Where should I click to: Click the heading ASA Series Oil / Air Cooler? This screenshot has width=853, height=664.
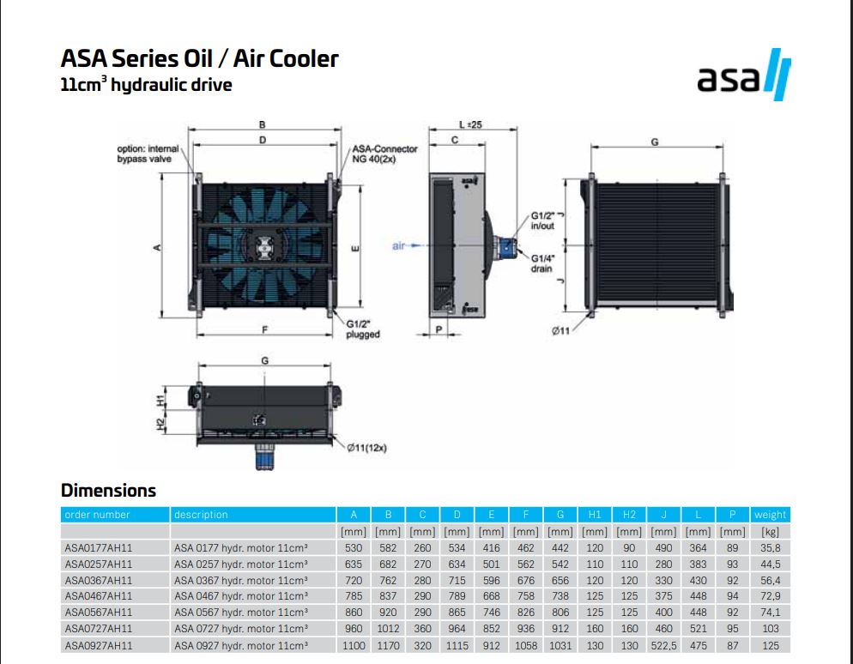coord(199,59)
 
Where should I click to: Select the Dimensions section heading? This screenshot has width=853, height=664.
coord(108,491)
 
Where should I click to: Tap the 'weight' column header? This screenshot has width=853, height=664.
coord(770,515)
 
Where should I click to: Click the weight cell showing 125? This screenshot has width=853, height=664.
coord(770,645)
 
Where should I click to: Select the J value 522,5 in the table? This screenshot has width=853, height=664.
coord(663,645)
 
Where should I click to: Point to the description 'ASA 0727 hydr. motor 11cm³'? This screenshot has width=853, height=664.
coord(241,629)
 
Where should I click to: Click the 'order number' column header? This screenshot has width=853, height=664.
coord(97,515)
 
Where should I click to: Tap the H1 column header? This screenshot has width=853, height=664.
coord(595,515)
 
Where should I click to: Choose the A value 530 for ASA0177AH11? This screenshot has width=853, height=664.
coord(354,547)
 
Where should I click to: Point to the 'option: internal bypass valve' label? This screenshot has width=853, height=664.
coord(147,154)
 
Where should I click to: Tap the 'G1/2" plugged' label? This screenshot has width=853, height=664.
coord(363,329)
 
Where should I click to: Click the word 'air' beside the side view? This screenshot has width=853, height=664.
coord(398,246)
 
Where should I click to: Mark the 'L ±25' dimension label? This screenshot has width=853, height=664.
coord(471,124)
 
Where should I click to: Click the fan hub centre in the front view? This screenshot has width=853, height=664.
coord(263,247)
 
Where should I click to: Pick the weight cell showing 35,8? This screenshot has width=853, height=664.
coord(770,547)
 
